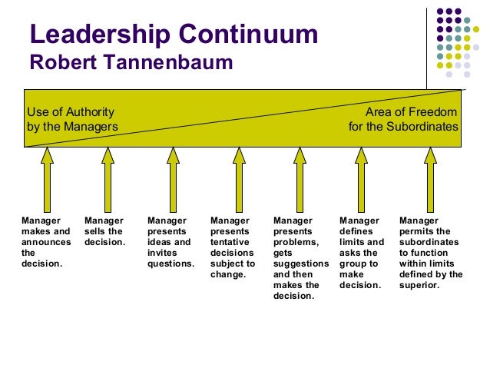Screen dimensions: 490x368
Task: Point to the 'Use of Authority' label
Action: [x=71, y=112]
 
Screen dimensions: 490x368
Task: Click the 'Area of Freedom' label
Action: [x=411, y=112]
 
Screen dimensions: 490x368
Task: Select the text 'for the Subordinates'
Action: [x=403, y=127]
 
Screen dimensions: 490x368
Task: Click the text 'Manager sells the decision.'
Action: [x=104, y=231]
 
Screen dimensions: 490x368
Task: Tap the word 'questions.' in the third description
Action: [x=171, y=264]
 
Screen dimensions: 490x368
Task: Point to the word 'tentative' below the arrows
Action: [x=229, y=242]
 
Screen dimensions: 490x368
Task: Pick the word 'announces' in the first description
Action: [x=46, y=242]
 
